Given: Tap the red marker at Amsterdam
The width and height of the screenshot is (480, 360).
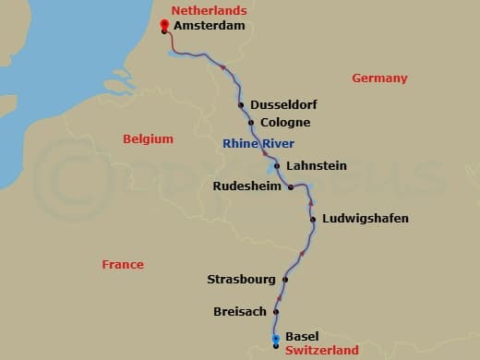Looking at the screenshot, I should tap(164, 25).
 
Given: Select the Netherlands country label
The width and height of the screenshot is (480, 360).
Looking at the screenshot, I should tap(210, 10).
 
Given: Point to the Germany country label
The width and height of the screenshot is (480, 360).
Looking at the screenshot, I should tap(379, 78).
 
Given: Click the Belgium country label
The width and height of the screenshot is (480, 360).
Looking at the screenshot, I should tap(148, 139).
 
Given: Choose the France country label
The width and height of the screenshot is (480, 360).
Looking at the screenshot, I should tap(123, 265).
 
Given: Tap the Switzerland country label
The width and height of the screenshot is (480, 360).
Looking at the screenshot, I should tap(321, 351).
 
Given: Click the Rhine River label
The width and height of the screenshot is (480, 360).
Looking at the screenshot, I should tap(258, 143).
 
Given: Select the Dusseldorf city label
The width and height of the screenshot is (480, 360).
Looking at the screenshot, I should tap(282, 105).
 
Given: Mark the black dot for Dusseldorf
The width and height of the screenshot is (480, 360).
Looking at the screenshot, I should tap(241, 105).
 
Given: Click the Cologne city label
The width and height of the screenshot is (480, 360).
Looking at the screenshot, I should tap(285, 123).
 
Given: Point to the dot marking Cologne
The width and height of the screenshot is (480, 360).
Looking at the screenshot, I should tap(251, 123).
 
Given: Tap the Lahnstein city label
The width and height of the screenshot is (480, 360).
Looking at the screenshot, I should tap(317, 166).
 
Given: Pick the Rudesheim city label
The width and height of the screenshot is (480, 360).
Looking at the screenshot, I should tap(247, 186).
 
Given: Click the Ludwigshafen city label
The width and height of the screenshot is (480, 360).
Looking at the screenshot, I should tap(365, 219).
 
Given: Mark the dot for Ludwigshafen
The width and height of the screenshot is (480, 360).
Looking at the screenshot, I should tap(314, 219).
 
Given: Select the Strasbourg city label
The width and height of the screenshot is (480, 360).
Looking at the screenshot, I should tap(242, 279).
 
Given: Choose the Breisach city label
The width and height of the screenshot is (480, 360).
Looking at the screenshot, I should tap(240, 312).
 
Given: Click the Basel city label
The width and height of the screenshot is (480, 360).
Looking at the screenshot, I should tap(302, 337).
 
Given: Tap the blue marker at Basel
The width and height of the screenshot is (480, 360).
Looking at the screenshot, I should tap(275, 340).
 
